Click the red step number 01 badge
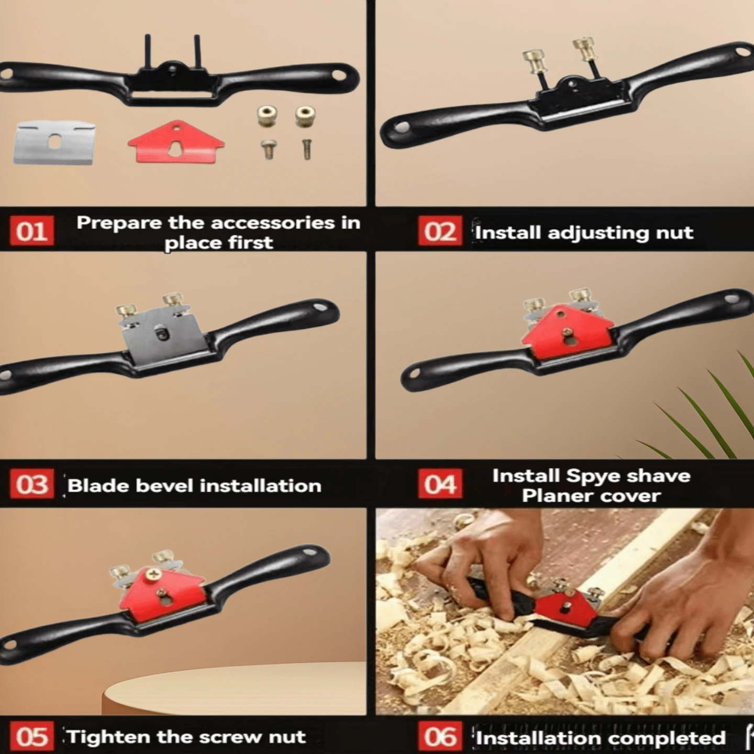pos(32,231)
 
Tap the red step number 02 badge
pos(440,231)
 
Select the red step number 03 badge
pos(32,484)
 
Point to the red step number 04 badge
pos(440,484)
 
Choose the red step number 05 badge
pos(32,736)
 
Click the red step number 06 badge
pos(440,736)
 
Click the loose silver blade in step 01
pos(55,143)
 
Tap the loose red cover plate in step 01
pos(176,142)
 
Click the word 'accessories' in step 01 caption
pos(273,223)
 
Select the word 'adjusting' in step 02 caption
pos(597,233)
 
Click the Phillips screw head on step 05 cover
pos(151,574)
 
